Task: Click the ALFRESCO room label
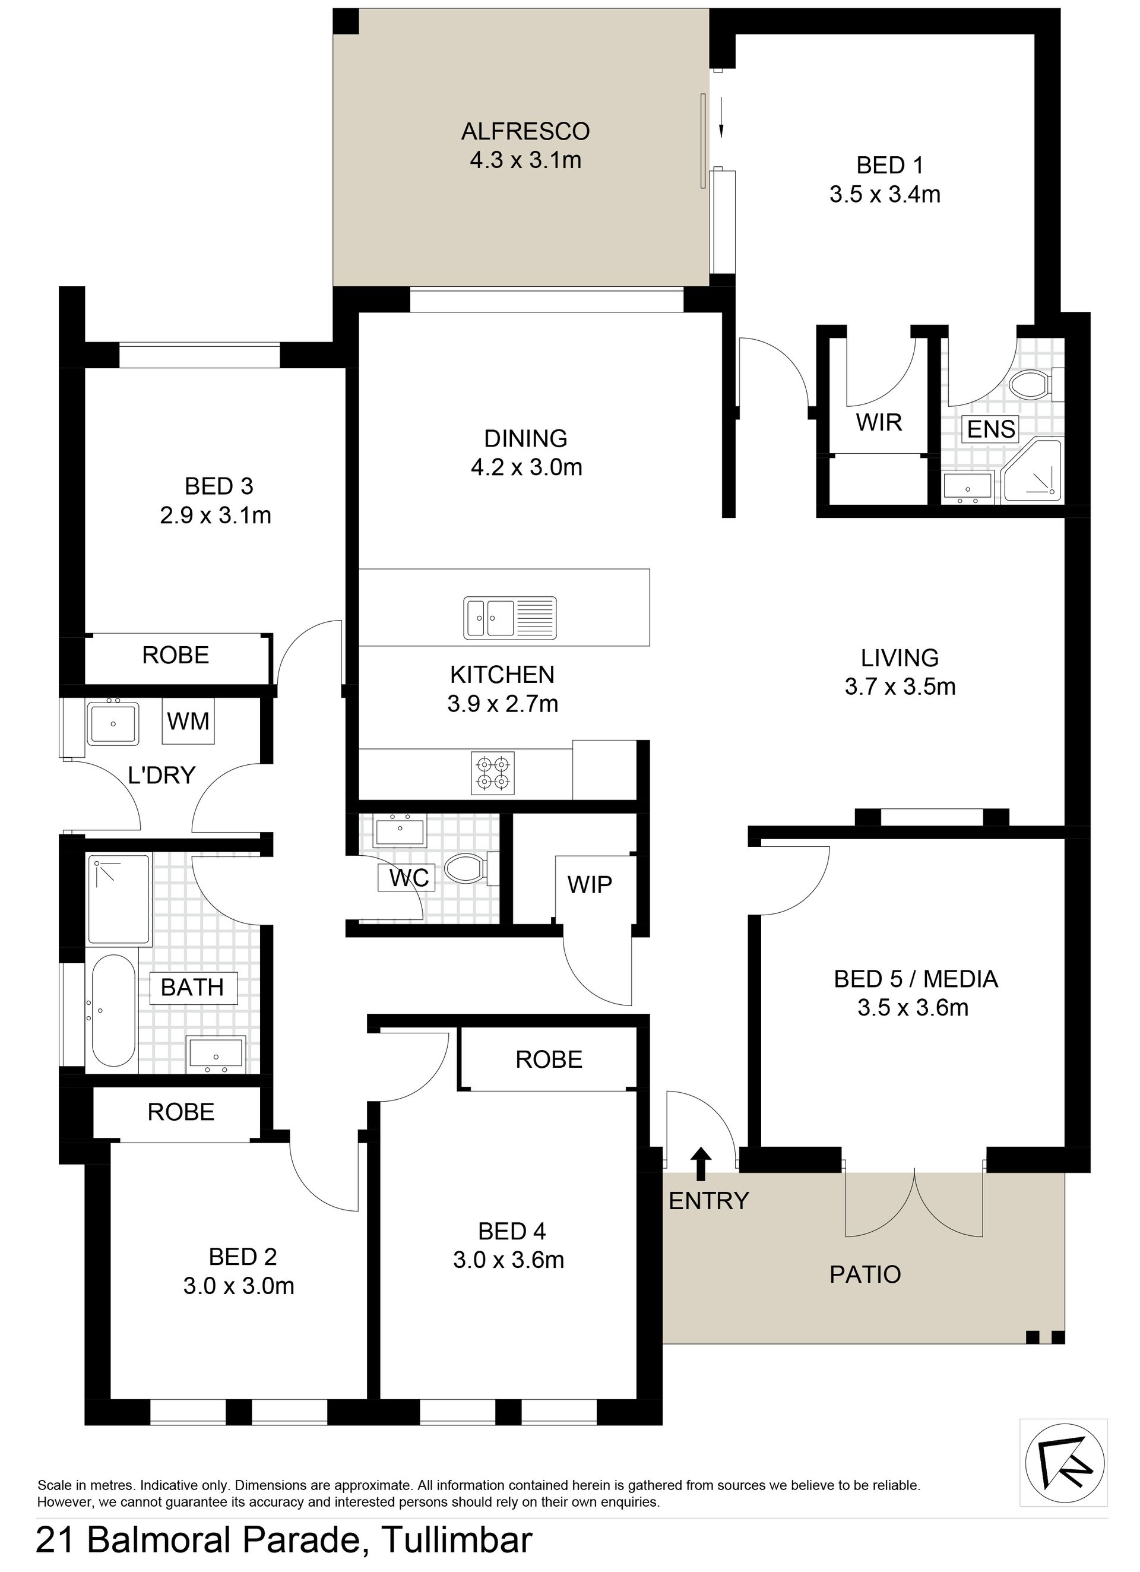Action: pos(525,131)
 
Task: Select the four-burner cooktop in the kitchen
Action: pos(493,773)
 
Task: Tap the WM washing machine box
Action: pos(188,721)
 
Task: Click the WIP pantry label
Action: pos(590,884)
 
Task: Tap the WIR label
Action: pos(879,422)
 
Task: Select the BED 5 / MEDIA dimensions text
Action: pos(913,1007)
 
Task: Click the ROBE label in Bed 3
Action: pos(175,655)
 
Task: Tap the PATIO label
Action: pos(865,1274)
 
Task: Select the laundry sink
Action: pos(113,723)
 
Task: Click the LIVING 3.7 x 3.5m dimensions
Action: pos(900,686)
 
